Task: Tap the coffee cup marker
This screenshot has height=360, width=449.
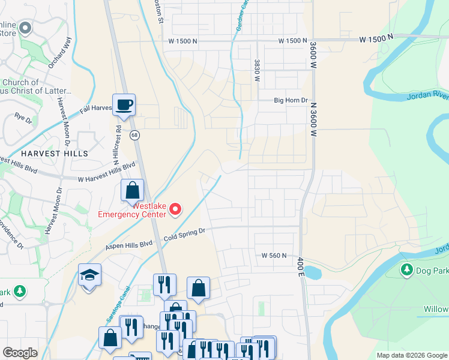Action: [x=124, y=104]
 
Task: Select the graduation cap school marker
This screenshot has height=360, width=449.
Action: [x=89, y=275]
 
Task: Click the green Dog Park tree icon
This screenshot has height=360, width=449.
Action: [x=407, y=269]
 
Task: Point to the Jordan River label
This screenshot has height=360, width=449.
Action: [x=427, y=95]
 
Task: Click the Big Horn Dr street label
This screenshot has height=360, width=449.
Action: [x=291, y=101]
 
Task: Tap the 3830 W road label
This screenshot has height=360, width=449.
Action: [x=257, y=70]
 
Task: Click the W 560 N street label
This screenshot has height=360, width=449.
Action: [x=274, y=255]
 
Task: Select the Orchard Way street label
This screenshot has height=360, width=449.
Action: [x=60, y=53]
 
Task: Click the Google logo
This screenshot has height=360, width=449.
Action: [x=20, y=353]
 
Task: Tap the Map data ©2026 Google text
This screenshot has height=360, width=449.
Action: [x=412, y=355]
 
